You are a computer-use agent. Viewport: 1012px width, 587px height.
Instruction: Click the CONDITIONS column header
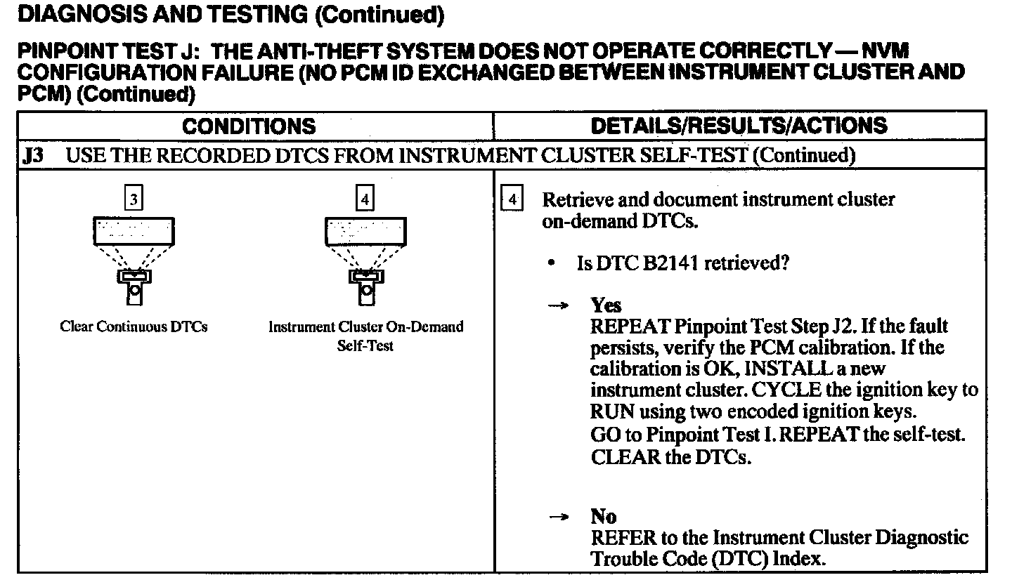pyautogui.click(x=249, y=126)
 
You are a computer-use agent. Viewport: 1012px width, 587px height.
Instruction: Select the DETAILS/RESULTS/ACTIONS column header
pyautogui.click(x=739, y=126)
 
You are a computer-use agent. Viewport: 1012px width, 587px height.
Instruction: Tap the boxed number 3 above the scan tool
pyautogui.click(x=134, y=200)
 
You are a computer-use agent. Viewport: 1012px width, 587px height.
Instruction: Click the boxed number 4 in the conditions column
pyautogui.click(x=365, y=200)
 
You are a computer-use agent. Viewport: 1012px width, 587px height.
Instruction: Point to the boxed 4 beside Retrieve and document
pyautogui.click(x=512, y=200)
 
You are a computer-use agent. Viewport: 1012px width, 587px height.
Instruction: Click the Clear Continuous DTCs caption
pyautogui.click(x=134, y=327)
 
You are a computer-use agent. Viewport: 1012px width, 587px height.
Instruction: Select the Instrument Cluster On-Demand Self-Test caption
pyautogui.click(x=365, y=336)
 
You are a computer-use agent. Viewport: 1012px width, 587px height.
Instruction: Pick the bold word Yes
pyautogui.click(x=606, y=306)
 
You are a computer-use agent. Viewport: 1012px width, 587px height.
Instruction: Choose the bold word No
pyautogui.click(x=604, y=517)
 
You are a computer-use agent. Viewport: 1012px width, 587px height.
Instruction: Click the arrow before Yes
pyautogui.click(x=559, y=307)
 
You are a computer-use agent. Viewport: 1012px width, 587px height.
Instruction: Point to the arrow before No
pyautogui.click(x=559, y=518)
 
